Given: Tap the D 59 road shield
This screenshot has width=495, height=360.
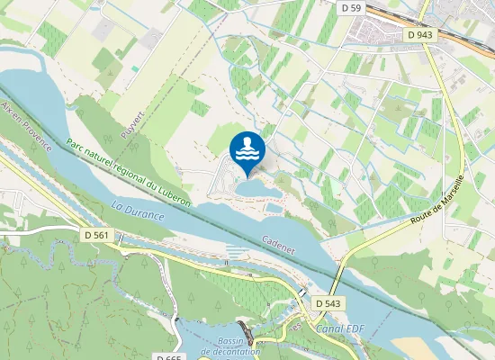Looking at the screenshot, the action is tap(352, 8).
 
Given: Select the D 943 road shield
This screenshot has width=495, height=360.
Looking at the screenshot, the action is tap(419, 35).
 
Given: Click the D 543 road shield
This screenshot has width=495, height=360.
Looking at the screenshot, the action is tap(328, 304).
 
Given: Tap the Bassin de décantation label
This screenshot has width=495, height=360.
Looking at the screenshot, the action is tap(230, 346).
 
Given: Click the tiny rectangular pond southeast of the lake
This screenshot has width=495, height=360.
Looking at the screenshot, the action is tap(274, 208).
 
